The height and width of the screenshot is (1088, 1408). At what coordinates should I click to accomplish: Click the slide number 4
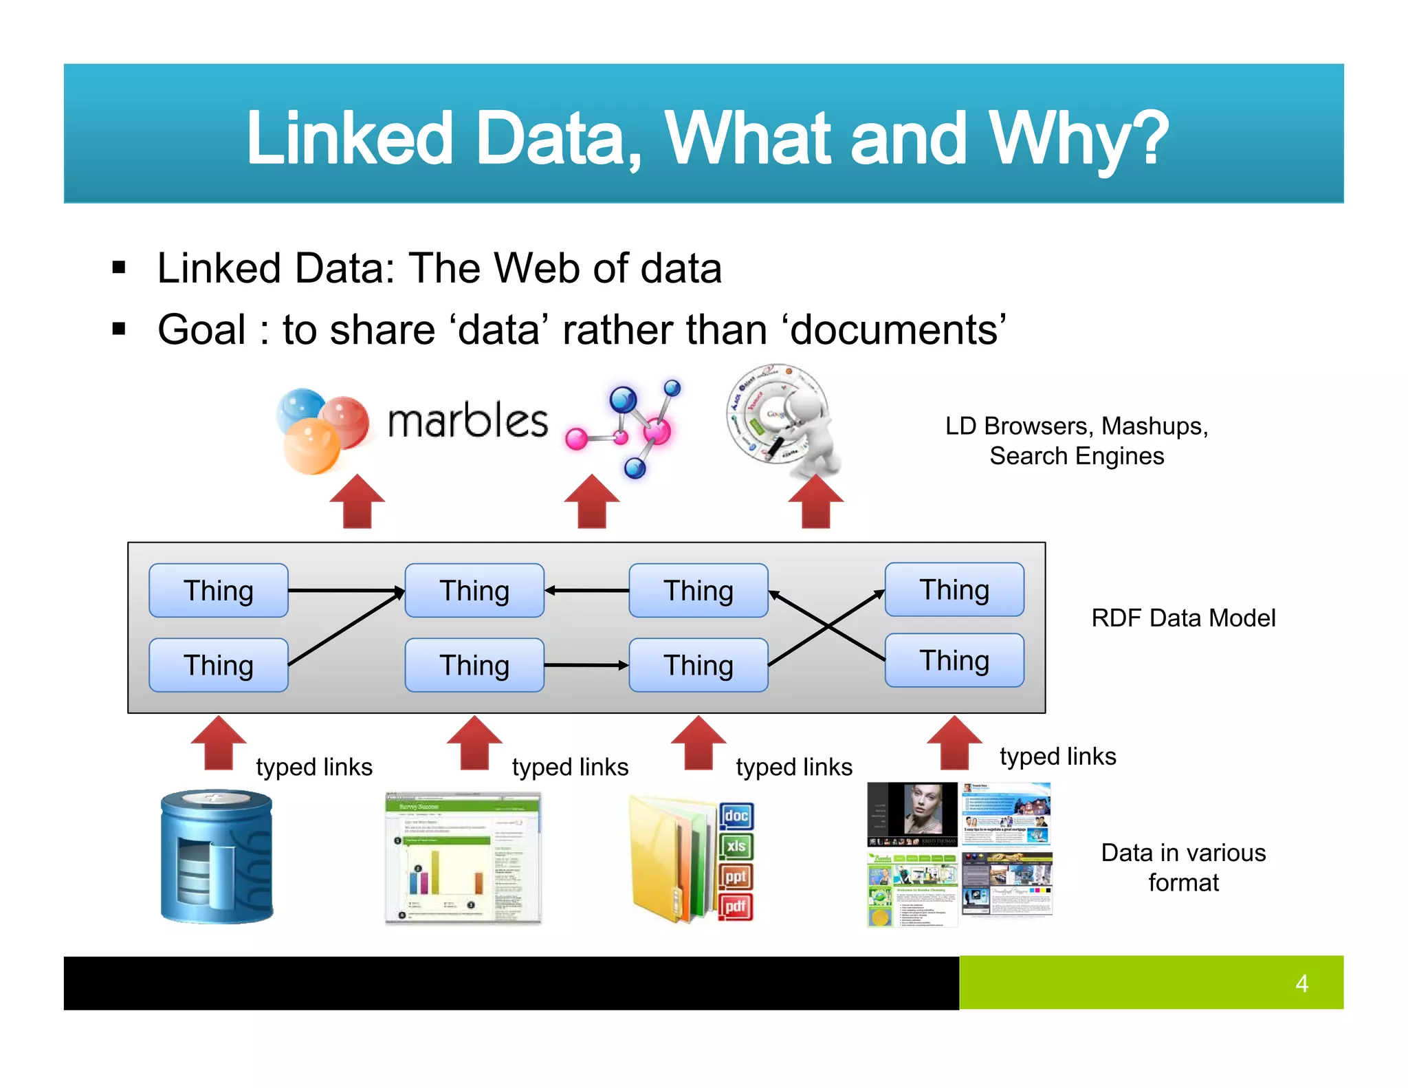tap(1301, 983)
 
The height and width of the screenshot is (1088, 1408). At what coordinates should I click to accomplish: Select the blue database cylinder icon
tap(217, 857)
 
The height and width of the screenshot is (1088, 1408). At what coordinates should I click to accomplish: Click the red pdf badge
tap(736, 906)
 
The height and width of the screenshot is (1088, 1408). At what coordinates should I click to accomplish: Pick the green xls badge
tap(736, 846)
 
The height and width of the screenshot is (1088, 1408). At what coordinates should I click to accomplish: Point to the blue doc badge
tap(736, 816)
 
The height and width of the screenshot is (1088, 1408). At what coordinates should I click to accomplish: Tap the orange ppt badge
tap(736, 876)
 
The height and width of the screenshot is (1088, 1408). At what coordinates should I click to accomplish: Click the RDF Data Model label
tap(1183, 618)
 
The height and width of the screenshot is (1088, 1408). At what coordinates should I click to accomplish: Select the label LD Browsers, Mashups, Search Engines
tap(1077, 441)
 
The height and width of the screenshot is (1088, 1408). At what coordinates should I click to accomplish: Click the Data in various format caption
tap(1183, 867)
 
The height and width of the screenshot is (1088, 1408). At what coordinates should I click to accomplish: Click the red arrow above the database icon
tap(219, 743)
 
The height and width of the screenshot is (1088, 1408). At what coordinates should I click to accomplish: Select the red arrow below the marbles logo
tap(357, 501)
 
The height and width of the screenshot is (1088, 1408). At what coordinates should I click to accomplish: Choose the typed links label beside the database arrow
tap(314, 767)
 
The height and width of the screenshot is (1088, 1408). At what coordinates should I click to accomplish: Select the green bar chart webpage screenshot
tap(463, 858)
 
